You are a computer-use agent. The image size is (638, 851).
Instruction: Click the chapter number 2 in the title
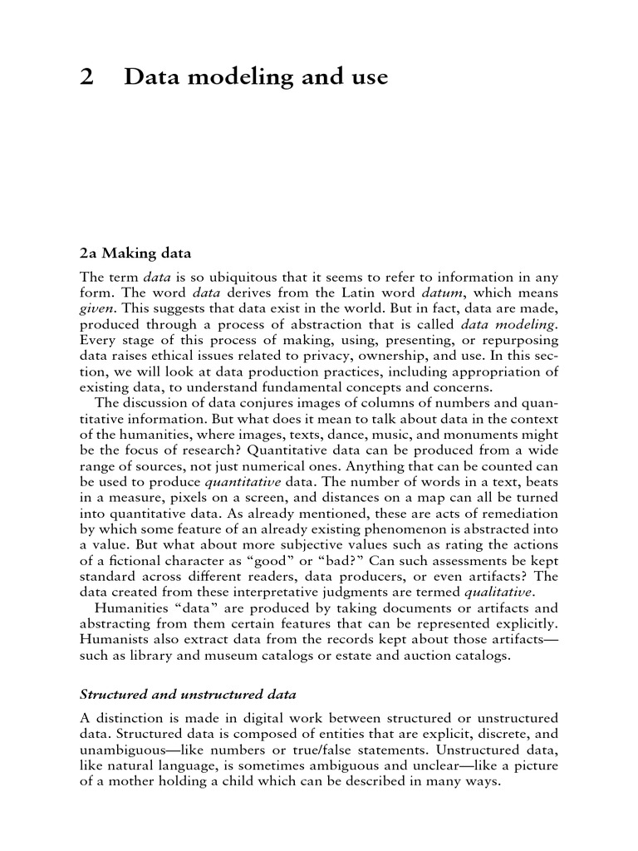(86, 77)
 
